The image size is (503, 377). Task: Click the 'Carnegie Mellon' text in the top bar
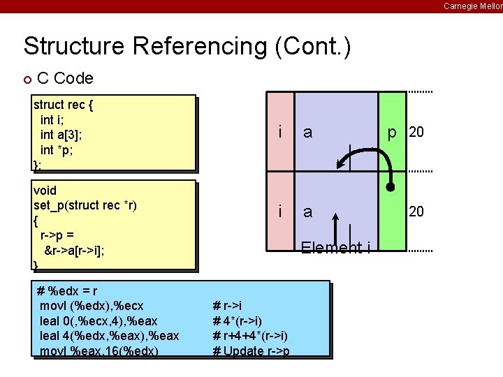tap(472, 6)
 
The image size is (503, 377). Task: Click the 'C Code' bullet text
tap(65, 78)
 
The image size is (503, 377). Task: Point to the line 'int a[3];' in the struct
tap(63, 134)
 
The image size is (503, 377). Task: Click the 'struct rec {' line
tap(64, 105)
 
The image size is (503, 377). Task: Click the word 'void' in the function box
tap(45, 190)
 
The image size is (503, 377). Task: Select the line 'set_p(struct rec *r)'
tap(85, 205)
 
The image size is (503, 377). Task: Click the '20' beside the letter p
tap(416, 132)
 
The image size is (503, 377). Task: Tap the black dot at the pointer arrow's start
tap(391, 188)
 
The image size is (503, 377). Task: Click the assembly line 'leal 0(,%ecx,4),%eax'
tap(99, 320)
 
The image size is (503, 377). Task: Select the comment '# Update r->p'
tap(251, 350)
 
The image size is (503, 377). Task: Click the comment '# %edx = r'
tap(66, 291)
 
